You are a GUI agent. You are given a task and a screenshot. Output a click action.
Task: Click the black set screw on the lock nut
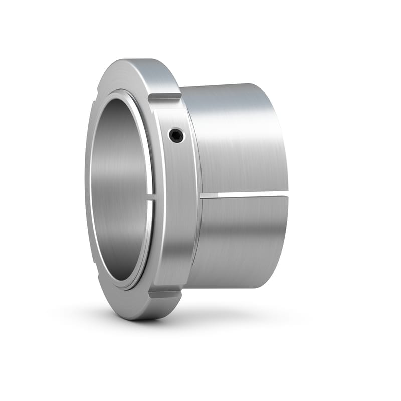176,135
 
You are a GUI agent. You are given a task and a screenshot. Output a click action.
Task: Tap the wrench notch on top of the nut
165,96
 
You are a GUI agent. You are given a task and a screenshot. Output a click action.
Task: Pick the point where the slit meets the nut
203,194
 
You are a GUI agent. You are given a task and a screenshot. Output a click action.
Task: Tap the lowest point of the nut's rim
138,320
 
